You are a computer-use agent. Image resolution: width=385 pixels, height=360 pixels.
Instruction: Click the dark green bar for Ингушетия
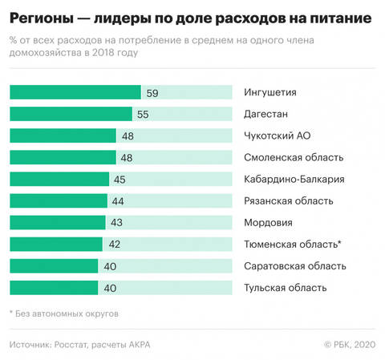coord(75,93)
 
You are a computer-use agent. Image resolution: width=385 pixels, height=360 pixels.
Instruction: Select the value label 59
coord(152,93)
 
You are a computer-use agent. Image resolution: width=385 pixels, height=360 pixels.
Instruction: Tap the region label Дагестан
coord(265,115)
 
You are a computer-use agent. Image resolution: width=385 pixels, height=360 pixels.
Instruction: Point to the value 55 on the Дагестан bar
coord(143,115)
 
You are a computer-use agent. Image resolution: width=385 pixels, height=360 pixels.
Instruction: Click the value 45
coord(120,179)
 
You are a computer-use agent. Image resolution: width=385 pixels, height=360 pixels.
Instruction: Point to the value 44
coord(117,200)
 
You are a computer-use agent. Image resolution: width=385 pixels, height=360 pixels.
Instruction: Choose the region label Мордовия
coord(268,222)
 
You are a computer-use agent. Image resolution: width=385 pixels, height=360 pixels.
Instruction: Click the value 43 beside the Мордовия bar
coord(115,222)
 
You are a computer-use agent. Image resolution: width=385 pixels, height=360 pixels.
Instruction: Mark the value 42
coord(112,244)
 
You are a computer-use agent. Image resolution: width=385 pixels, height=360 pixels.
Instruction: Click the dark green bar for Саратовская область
coord(54,265)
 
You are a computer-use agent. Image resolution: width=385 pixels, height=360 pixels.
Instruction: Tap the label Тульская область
coord(283,287)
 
